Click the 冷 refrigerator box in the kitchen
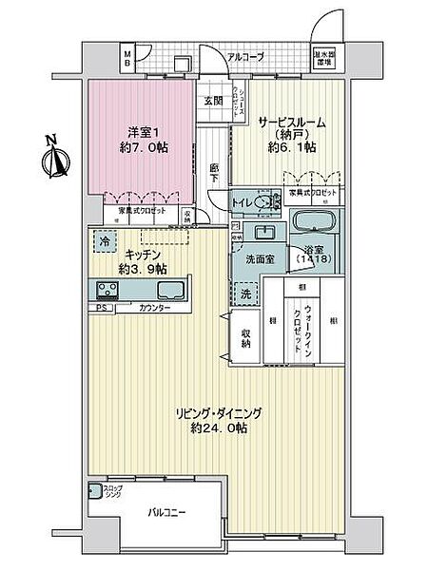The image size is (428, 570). [102, 242]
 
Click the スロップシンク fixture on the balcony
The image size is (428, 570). [95, 491]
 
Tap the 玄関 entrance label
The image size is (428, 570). [211, 103]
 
